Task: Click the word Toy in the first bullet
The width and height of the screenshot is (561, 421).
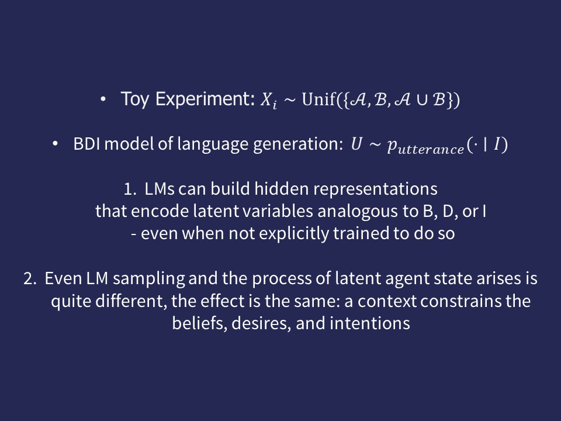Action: point(134,99)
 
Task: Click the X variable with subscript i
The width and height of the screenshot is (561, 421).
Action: point(268,100)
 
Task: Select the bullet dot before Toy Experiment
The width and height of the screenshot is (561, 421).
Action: point(103,99)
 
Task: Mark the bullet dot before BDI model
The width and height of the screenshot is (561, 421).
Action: point(55,144)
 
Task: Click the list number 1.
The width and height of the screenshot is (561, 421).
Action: point(130,189)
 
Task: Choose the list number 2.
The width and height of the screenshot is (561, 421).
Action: point(30,278)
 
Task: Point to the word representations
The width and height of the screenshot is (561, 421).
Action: point(375,189)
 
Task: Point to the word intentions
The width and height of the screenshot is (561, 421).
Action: point(369,323)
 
